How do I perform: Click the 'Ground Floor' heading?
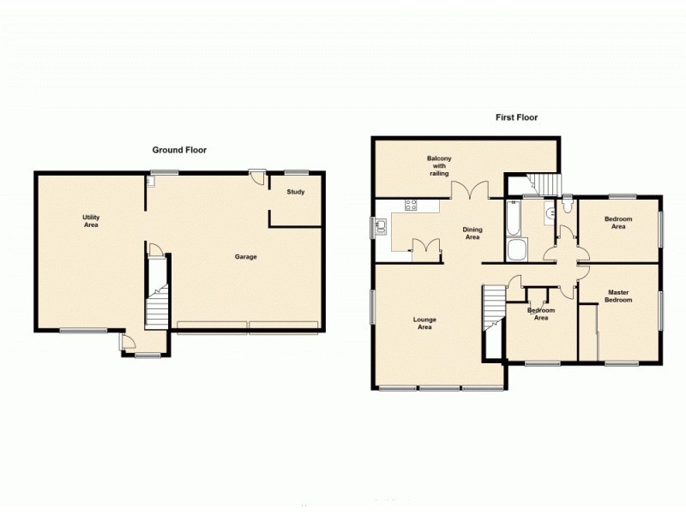tap(179, 150)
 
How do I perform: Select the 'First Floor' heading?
tap(515, 117)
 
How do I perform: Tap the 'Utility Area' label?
tap(91, 221)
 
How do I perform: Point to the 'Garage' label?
tap(246, 256)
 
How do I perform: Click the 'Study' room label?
tap(295, 192)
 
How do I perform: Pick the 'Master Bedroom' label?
tap(618, 296)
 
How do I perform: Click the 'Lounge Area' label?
tap(424, 323)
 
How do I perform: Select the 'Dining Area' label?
tap(472, 233)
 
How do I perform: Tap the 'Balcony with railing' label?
tap(439, 165)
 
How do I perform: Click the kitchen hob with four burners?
tap(411, 205)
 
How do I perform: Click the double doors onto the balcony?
tap(471, 191)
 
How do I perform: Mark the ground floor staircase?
tap(157, 300)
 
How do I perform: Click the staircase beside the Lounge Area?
tap(493, 317)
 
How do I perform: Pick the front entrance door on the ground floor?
tap(127, 344)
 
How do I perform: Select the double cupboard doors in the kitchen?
tap(425, 248)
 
